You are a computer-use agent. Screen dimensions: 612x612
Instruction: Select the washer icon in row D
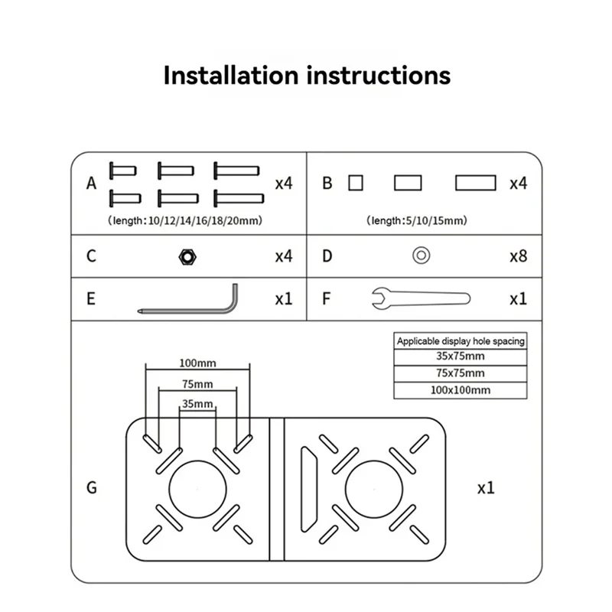420,256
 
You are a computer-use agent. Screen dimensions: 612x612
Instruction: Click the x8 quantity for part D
518,256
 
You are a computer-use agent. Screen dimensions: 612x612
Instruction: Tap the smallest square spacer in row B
354,184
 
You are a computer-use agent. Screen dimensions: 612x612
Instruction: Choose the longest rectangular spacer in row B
476,184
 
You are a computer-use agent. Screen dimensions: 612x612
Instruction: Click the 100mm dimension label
197,361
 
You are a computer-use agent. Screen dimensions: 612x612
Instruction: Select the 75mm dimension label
197,383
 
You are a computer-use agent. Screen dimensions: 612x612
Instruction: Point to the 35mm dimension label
197,404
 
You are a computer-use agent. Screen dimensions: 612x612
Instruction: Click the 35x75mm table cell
461,356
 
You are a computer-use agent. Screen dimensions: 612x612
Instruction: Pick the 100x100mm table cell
461,389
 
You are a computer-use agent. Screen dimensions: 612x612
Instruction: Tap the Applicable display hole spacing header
461,341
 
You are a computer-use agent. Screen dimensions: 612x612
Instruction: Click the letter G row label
92,487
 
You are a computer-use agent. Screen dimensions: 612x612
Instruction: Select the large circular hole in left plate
197,488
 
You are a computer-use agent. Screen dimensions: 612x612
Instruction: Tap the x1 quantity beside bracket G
486,487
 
